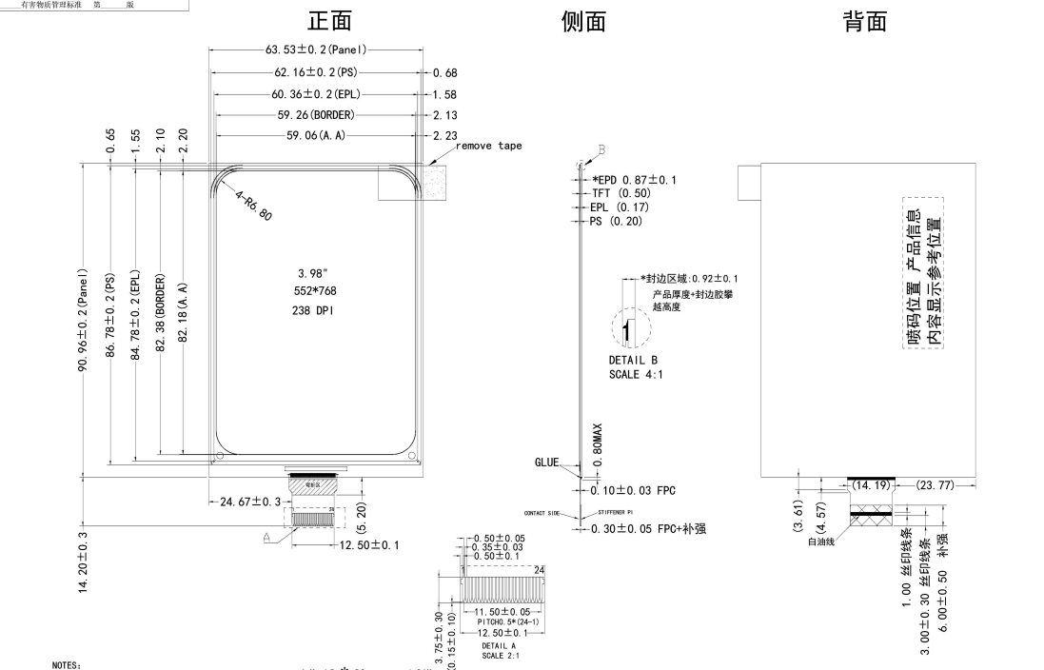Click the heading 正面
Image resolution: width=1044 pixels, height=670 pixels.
point(332,22)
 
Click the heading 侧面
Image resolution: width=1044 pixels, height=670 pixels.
point(583,22)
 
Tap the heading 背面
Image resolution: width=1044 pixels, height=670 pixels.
point(865,22)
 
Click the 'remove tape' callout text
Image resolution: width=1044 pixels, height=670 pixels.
point(488,147)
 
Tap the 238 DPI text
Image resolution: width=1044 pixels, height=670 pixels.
point(315,310)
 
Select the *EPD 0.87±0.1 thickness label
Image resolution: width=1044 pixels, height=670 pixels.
point(634,180)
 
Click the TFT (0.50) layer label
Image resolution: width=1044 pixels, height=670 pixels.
point(620,193)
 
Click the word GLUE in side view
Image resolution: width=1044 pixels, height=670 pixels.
point(546,463)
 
